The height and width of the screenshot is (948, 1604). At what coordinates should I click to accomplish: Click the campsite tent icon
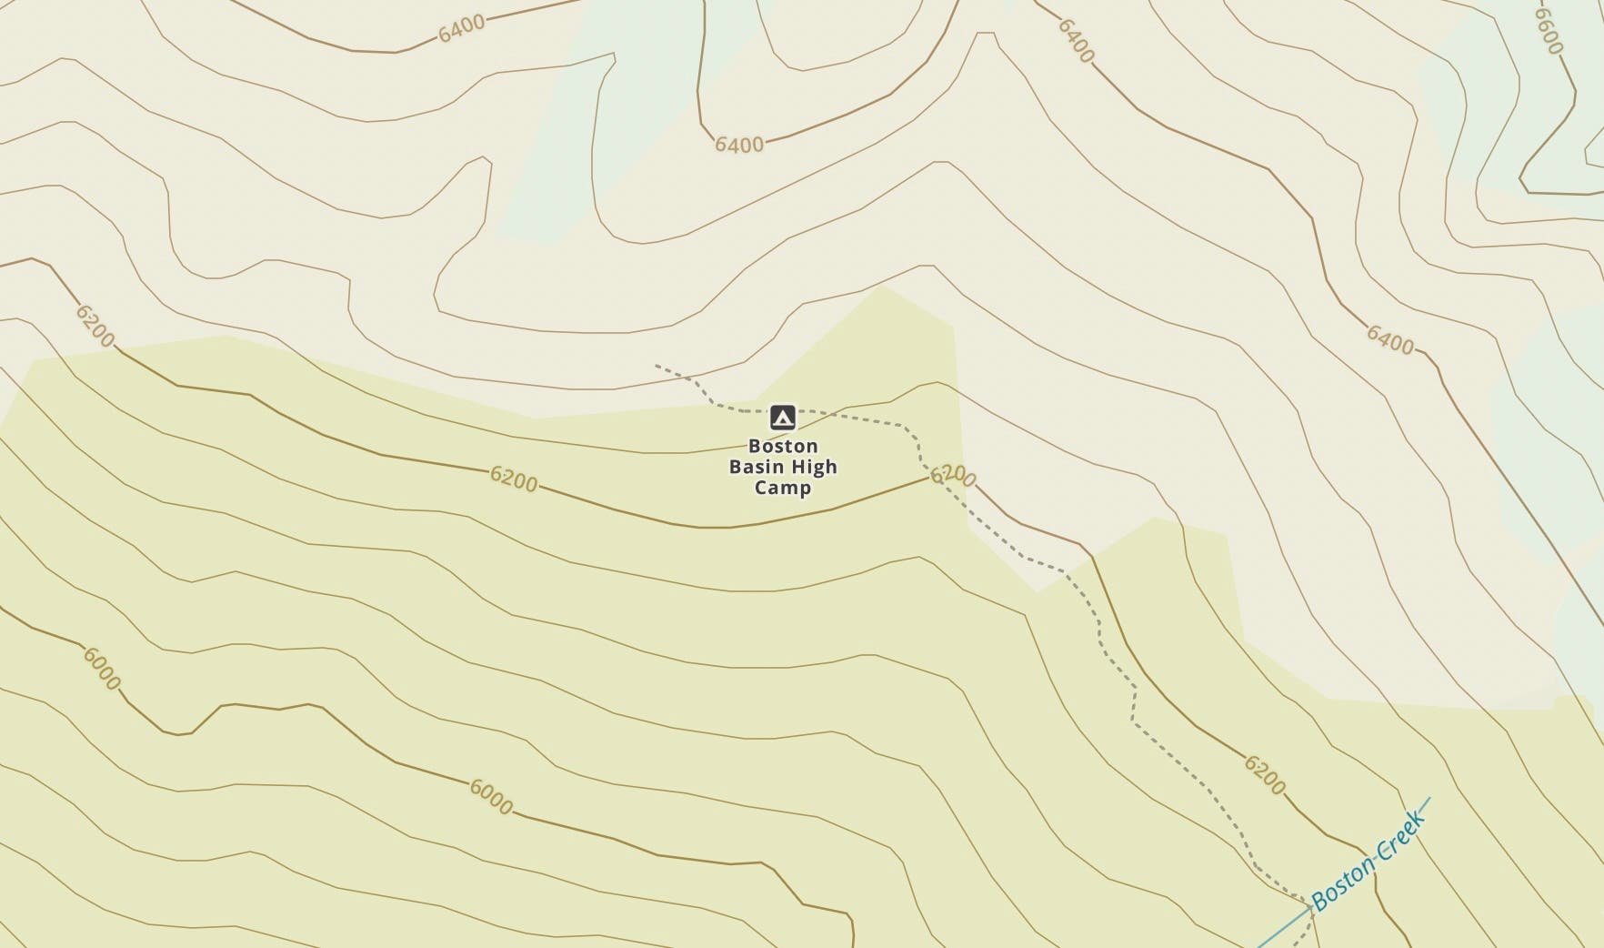coord(782,418)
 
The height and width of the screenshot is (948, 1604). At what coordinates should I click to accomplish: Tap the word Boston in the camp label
coord(783,446)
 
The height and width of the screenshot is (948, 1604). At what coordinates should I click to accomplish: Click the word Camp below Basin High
coord(783,488)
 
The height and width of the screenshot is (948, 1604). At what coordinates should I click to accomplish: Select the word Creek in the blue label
coord(1398,831)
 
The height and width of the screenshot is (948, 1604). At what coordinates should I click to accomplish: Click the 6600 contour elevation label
coord(1548,31)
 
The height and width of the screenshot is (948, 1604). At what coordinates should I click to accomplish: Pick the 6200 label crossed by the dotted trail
coord(953,476)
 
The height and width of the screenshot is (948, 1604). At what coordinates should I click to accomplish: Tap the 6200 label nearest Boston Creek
coord(1265,774)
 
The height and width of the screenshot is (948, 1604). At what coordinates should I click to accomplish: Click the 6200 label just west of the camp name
coord(514,479)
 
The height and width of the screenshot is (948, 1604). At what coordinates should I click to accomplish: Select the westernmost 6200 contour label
coord(95,326)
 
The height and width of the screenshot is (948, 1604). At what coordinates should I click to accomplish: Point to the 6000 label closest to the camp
coord(491,797)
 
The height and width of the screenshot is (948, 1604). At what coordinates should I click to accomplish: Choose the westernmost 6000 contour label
coord(101,669)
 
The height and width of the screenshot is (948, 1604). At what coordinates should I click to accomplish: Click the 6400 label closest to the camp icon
coord(739,145)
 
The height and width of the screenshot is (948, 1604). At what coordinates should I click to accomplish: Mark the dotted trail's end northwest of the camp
coord(656,366)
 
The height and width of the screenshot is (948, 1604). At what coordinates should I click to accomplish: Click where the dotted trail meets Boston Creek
coord(1310,907)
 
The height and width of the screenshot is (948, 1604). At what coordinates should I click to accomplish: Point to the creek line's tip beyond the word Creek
coord(1430,798)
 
